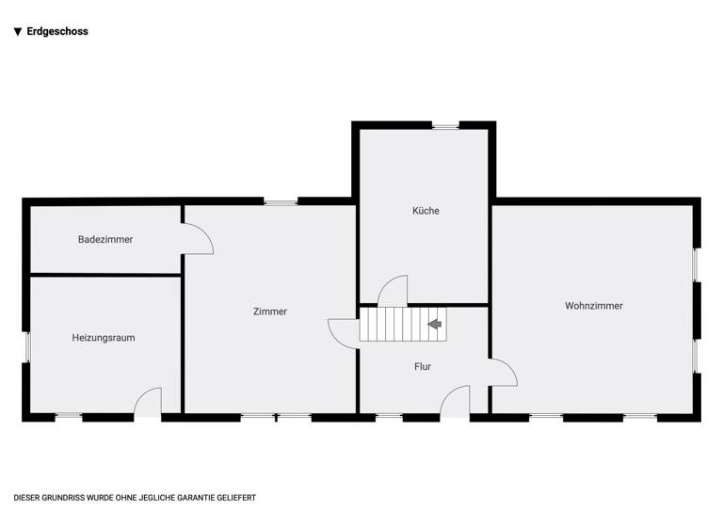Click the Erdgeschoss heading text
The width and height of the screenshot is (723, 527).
click(x=57, y=31)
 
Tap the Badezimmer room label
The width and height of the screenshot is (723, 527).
click(x=105, y=239)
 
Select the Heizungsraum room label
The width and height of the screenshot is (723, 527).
click(x=104, y=337)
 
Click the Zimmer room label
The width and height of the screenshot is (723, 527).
click(x=270, y=311)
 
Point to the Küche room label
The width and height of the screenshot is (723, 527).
click(x=426, y=211)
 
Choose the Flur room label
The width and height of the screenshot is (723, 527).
click(x=423, y=366)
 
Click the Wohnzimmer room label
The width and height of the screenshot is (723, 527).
click(x=594, y=306)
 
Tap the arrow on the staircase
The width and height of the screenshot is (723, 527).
click(x=434, y=324)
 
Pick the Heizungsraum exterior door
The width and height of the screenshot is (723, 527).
click(x=148, y=404)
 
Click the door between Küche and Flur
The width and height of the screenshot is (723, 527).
click(x=393, y=291)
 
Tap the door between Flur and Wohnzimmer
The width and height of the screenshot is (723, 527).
click(x=503, y=373)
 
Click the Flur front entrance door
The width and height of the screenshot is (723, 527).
click(x=455, y=402)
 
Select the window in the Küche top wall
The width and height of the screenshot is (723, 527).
click(x=445, y=125)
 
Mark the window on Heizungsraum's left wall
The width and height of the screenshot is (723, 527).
click(x=26, y=347)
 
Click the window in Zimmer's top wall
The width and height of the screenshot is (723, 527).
click(x=280, y=201)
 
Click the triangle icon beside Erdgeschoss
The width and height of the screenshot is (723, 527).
click(x=18, y=31)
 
